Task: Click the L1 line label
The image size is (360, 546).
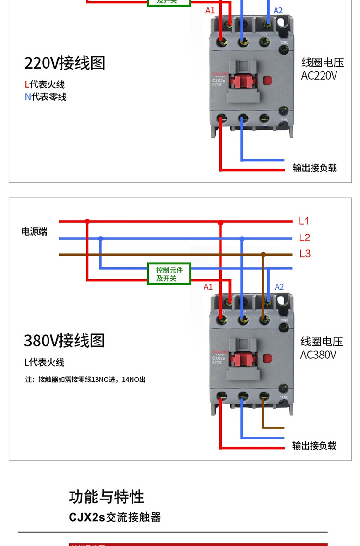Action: [304, 221]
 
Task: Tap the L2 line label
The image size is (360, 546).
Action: [304, 237]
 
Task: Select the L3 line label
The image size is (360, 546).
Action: [305, 254]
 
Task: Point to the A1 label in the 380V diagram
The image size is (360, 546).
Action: [208, 287]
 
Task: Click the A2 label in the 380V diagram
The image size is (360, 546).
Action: [279, 287]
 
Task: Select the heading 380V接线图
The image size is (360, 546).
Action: [64, 341]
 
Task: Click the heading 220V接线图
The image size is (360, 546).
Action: [64, 63]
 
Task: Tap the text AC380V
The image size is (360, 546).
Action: [318, 355]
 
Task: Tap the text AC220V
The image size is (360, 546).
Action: [319, 76]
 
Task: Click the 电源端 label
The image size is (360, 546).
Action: [35, 232]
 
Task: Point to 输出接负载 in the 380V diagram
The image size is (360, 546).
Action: [314, 446]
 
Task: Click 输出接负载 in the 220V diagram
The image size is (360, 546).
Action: [315, 168]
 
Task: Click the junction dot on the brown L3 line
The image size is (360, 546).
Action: [263, 254]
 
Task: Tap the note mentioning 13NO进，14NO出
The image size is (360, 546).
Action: [85, 380]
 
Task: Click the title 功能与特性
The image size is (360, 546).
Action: [106, 497]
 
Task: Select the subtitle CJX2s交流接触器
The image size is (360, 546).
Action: [115, 517]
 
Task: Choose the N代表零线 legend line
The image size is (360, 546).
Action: [46, 97]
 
